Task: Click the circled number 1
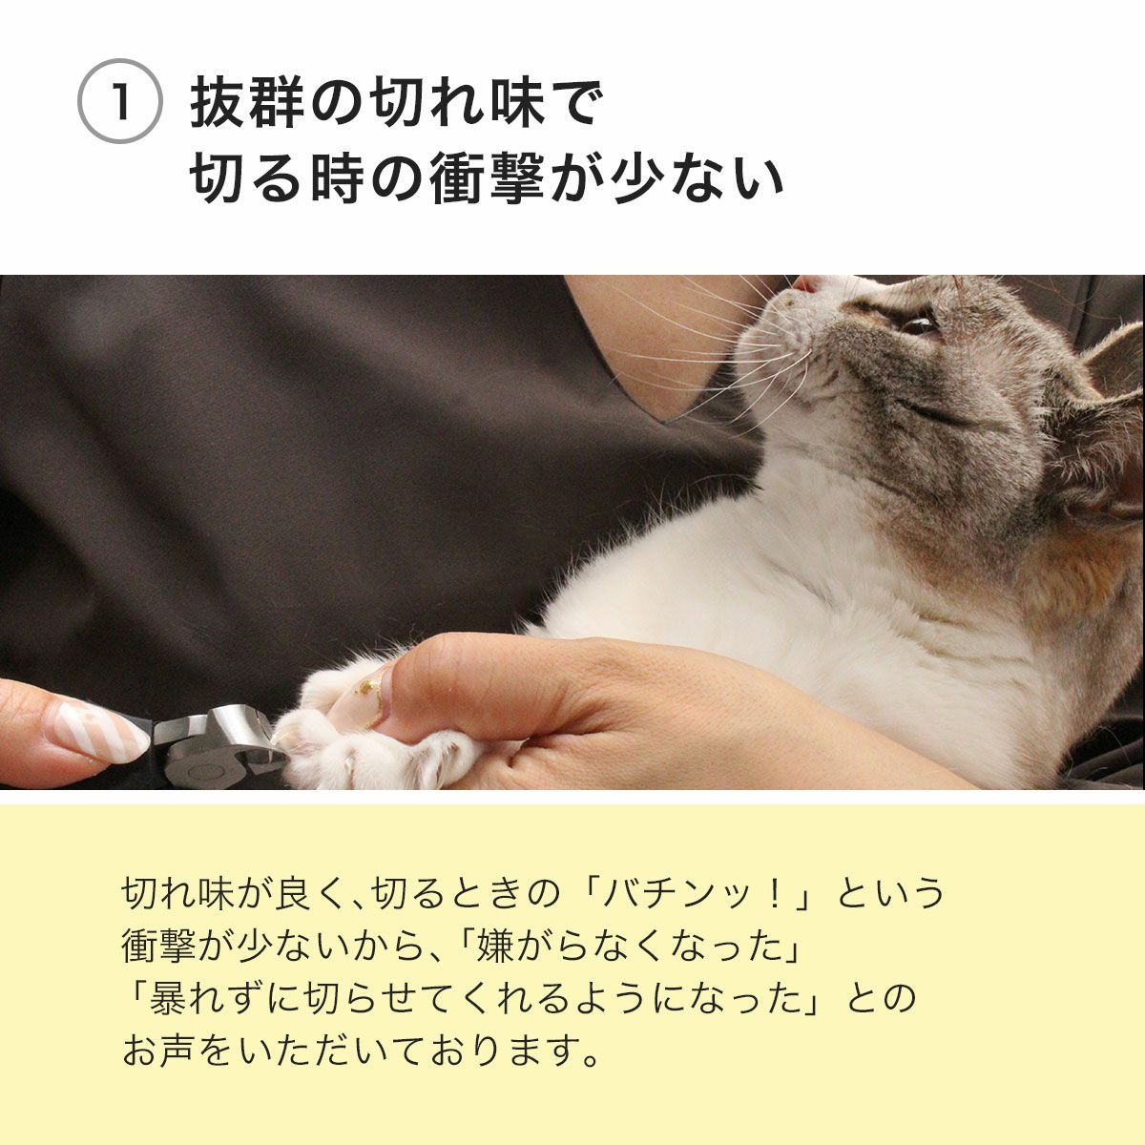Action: (x=119, y=103)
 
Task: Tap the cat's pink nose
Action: (x=807, y=283)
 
